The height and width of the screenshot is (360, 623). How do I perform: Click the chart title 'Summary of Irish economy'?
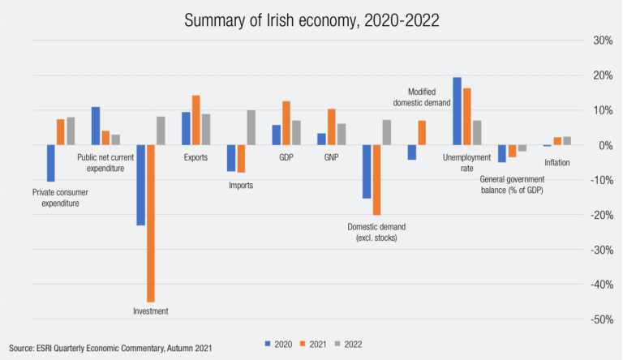311,20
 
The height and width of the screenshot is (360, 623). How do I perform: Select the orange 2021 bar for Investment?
151,223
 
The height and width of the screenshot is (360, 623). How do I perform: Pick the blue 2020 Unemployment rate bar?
457,111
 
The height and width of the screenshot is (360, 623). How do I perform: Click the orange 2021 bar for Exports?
195,120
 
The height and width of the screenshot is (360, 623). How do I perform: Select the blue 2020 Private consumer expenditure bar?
50,163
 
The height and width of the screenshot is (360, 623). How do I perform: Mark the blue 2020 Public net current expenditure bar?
96,126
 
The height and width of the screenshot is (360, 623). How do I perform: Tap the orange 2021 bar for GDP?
286,123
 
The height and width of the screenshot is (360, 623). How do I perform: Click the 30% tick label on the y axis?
602,41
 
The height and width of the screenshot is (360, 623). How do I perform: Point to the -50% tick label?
600,319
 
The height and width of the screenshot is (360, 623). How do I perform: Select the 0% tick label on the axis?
604,145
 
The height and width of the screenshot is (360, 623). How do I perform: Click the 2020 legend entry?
281,343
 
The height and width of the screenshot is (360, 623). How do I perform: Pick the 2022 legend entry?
350,343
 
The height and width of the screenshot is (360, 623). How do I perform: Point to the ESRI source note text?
110,347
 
